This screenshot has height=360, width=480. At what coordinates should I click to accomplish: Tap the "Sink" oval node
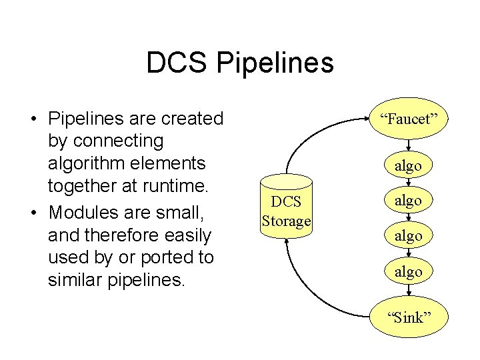click(408, 317)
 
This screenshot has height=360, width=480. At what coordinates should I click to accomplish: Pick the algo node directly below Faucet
click(408, 165)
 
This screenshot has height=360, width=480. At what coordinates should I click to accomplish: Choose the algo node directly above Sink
click(408, 271)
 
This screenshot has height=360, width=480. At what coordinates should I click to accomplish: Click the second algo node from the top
click(408, 200)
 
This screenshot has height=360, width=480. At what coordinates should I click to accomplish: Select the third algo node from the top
click(408, 235)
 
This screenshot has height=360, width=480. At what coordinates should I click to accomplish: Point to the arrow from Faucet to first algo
click(408, 146)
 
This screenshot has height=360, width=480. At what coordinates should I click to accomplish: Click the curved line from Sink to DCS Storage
click(313, 293)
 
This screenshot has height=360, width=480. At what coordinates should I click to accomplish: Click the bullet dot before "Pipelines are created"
click(32, 119)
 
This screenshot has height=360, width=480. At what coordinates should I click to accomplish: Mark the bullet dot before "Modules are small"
click(32, 213)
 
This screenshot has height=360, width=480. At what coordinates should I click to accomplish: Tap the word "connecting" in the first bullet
click(105, 141)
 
